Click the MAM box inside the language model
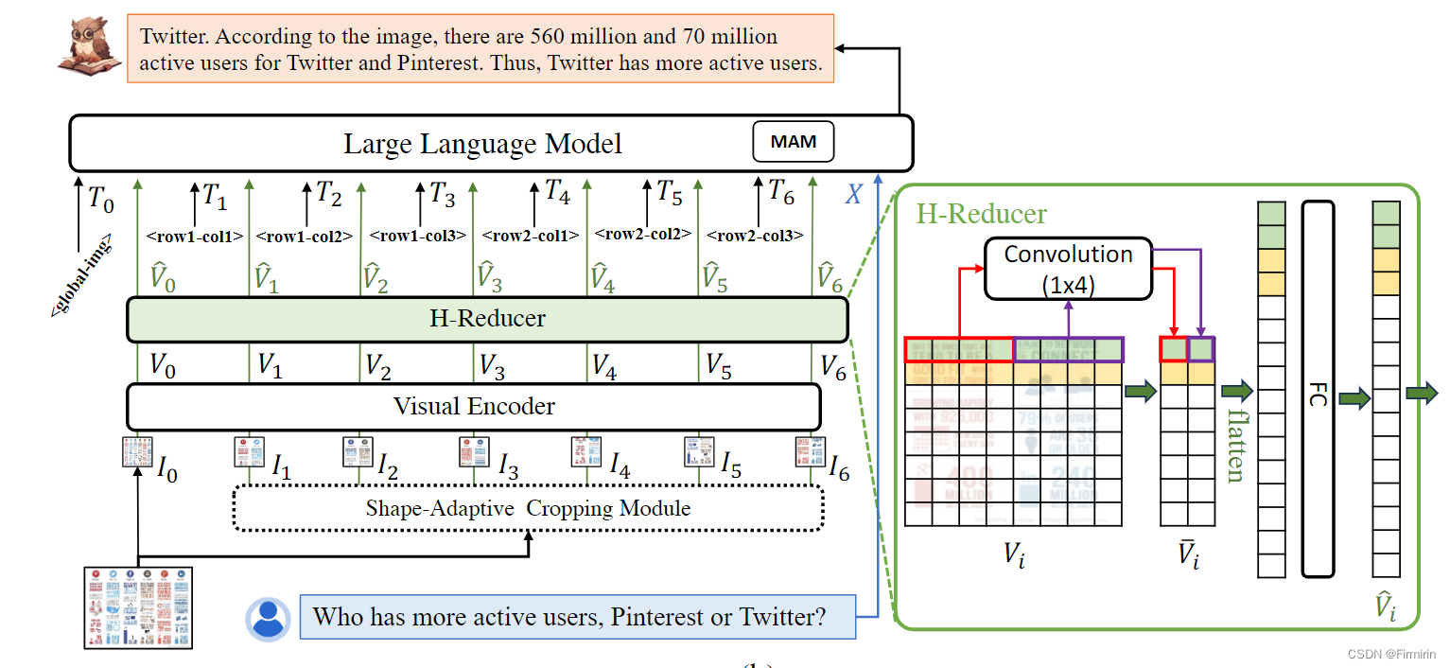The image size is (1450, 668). (x=793, y=143)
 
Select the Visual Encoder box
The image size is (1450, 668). (x=473, y=407)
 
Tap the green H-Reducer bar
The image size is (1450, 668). (x=487, y=319)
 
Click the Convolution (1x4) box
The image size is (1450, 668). (x=1068, y=269)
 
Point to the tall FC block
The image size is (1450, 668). (x=1318, y=389)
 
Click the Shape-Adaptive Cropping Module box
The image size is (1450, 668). (x=528, y=509)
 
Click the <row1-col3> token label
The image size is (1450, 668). (x=417, y=237)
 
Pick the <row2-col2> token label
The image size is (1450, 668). (x=643, y=235)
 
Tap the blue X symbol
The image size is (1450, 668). (x=853, y=195)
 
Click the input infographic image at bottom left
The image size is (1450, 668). (x=138, y=606)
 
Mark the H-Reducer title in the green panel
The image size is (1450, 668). (x=981, y=214)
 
